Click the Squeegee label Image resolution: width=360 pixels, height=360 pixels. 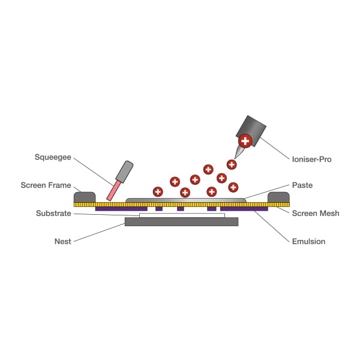pos(53,157)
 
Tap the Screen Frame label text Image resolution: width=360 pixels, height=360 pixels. pos(46,185)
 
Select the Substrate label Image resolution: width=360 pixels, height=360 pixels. pos(53,213)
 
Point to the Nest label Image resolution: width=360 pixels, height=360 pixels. pos(62,242)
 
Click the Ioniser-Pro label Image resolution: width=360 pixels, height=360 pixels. pos(311,160)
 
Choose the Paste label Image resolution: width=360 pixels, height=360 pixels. pos(302,185)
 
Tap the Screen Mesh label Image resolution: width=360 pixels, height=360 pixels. pos(316,213)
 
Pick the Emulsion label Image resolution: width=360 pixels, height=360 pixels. pos(308,242)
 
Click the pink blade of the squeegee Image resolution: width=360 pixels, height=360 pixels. pos(114,191)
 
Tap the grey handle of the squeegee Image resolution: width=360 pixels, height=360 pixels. pos(124,172)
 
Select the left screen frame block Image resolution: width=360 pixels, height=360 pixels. pos(85,197)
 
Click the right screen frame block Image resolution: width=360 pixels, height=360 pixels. pos(278,197)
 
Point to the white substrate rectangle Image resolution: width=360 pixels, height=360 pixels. pos(182,215)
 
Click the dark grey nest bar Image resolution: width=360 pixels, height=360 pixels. pos(181,222)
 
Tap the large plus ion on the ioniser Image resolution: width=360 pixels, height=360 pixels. pos(245,141)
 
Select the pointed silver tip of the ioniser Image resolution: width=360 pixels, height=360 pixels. pos(239,152)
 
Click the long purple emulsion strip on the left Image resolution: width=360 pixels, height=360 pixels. pos(121,209)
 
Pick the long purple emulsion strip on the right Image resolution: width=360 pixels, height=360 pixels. pos(244,209)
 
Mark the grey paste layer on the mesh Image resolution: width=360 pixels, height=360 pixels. pos(186,200)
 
